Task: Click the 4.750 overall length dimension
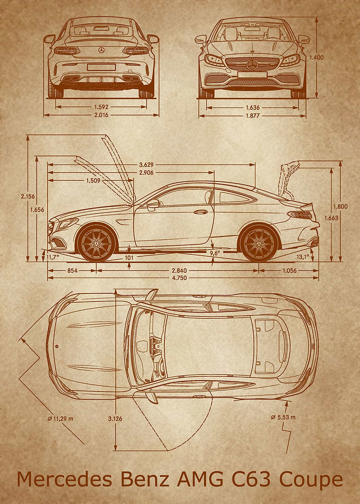[179, 278]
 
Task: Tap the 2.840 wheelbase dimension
[179, 271]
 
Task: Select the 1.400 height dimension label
[317, 58]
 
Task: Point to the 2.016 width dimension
[101, 115]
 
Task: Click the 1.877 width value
[252, 116]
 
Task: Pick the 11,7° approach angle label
[53, 257]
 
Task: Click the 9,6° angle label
[215, 253]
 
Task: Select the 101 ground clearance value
[129, 258]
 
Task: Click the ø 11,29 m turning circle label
[60, 419]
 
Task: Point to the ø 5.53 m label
[283, 417]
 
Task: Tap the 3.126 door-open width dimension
[115, 419]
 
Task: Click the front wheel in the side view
[96, 243]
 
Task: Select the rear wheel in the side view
[259, 243]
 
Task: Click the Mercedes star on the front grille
[253, 65]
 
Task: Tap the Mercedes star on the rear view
[101, 50]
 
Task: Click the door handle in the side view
[200, 212]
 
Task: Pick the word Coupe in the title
[310, 480]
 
